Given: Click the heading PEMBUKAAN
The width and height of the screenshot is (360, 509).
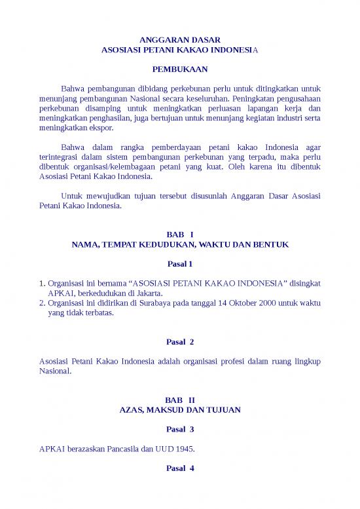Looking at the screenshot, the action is point(180,68).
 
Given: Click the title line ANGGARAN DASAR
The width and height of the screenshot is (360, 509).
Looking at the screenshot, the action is point(180,40).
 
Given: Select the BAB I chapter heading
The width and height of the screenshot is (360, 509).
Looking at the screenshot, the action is point(180,234).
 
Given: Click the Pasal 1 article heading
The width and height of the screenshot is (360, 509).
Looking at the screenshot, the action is point(180,264).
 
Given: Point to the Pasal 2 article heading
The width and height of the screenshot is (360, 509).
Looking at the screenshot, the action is point(180,342).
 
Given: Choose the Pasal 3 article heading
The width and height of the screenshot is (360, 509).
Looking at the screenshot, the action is point(180,429).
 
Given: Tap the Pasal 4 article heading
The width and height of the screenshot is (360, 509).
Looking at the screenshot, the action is point(180,468).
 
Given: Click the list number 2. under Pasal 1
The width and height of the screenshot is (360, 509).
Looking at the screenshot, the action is point(43,303).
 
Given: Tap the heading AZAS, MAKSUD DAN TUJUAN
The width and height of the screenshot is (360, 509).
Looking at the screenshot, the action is point(180,409).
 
